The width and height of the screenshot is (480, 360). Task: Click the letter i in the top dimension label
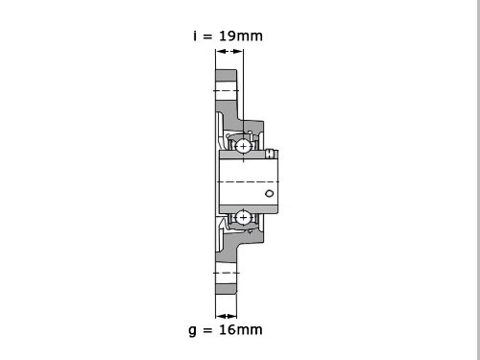195,36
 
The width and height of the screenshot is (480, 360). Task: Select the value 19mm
241,36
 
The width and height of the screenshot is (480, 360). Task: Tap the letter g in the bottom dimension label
192,330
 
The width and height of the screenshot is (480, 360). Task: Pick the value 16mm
241,329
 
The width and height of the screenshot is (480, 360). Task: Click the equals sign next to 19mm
207,36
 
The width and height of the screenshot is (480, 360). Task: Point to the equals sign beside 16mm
207,330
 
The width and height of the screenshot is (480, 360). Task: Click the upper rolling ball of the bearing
243,146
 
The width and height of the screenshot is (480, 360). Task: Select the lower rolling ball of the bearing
243,218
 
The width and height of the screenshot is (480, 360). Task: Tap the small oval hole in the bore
270,193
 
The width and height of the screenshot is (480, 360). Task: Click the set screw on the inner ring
271,154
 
